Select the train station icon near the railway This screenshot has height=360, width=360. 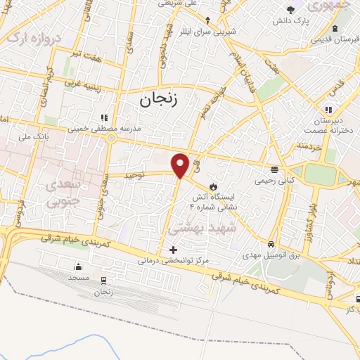click(x=103, y=280)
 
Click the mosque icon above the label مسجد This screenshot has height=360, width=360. click(x=78, y=266)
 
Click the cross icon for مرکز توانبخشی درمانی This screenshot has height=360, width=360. click(x=173, y=250)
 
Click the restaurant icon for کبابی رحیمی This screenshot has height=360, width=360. click(x=274, y=168)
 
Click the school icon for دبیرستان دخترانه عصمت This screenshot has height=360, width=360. click(x=328, y=110)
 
